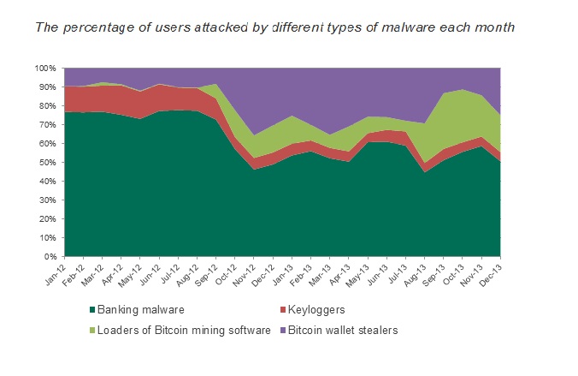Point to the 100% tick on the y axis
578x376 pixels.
tap(46, 68)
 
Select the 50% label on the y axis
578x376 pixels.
tap(48, 162)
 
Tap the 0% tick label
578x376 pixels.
tap(50, 256)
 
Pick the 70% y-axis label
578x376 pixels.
tap(48, 124)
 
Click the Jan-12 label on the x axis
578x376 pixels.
tap(56, 272)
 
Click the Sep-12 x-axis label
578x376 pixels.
tap(207, 272)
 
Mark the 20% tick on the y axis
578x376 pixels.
tap(48, 218)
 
